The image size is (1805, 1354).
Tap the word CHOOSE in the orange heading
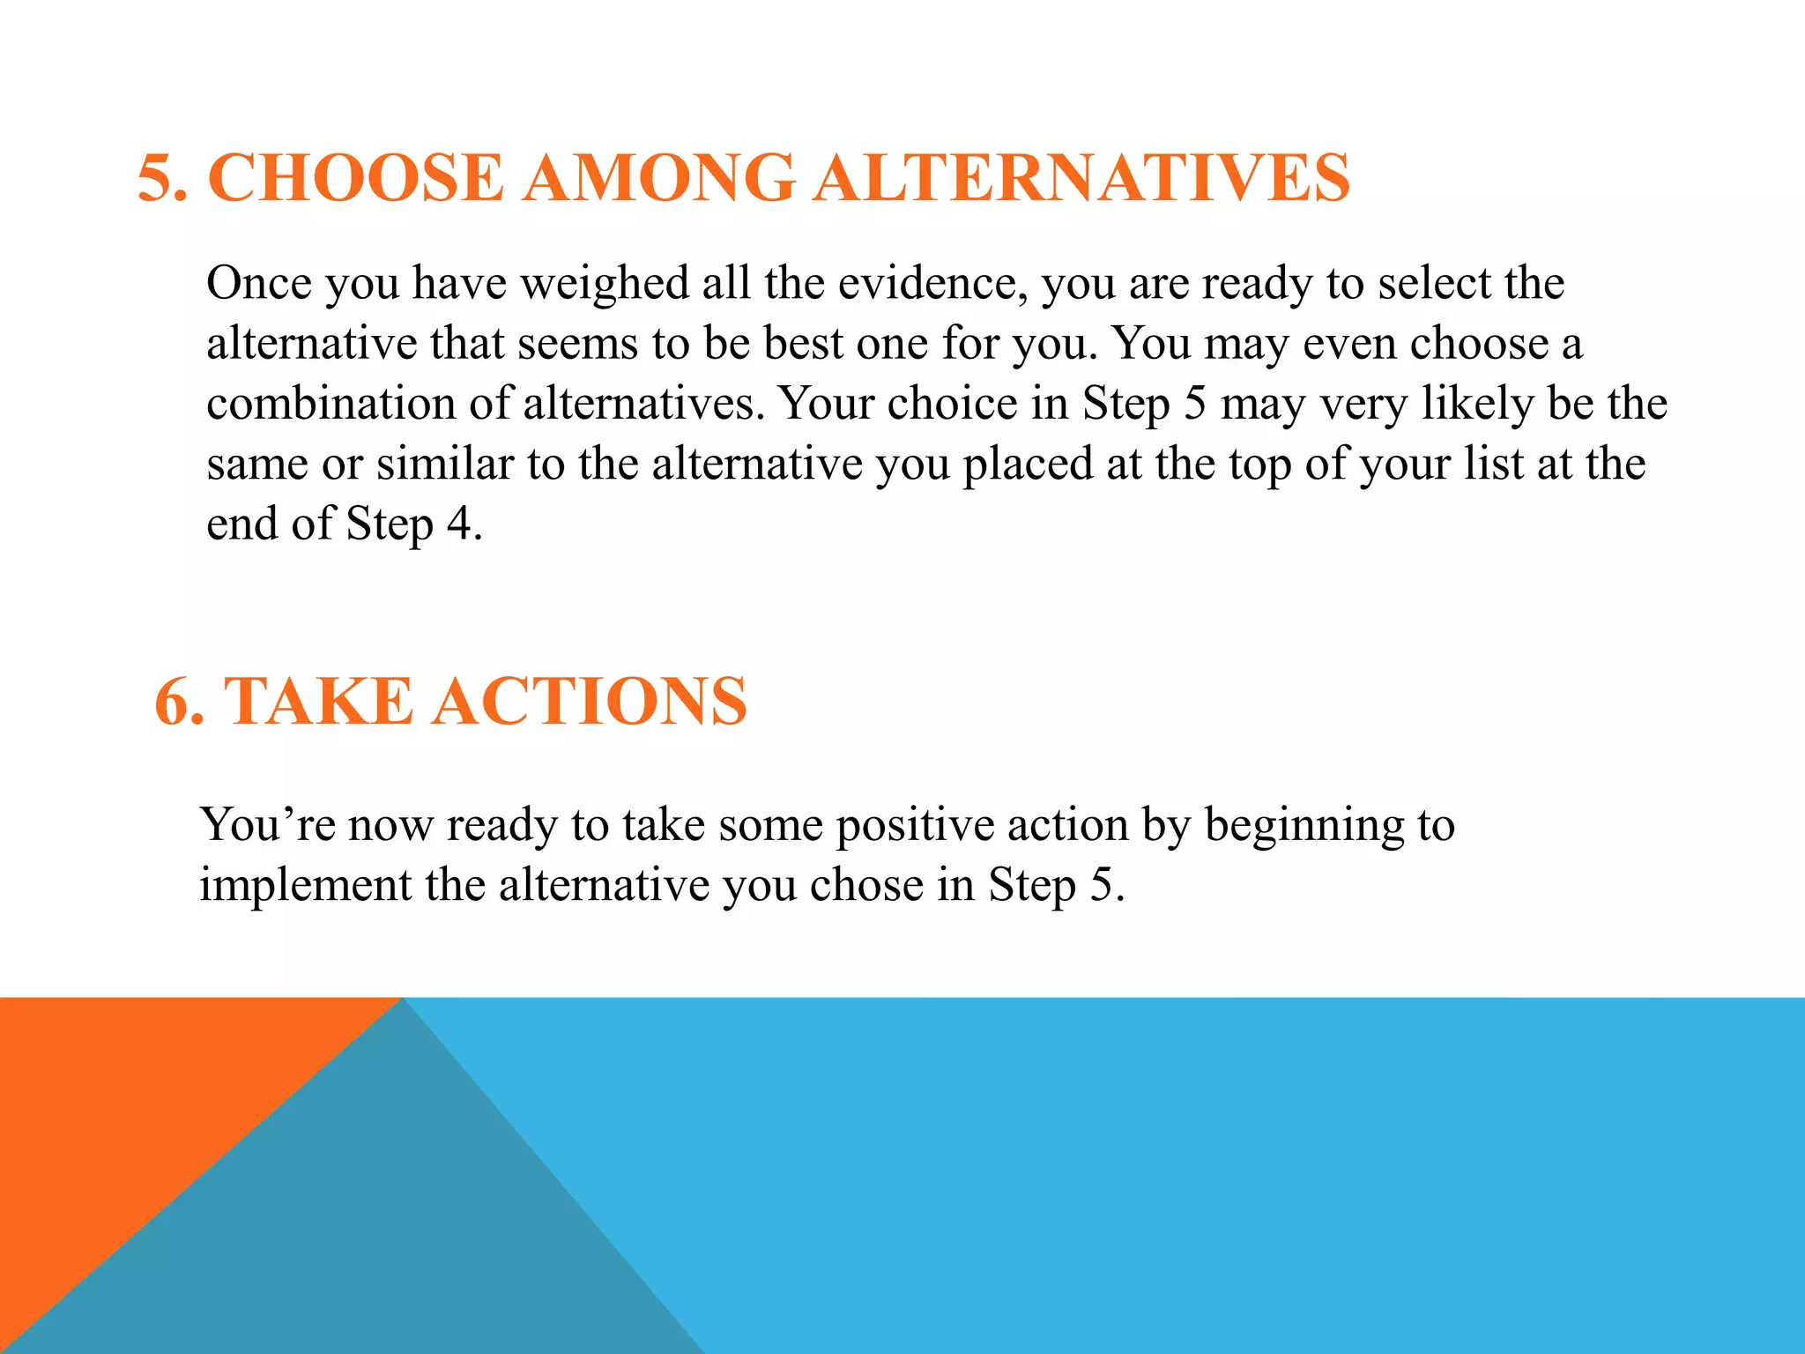tap(355, 178)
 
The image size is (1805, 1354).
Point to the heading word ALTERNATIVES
tap(1081, 178)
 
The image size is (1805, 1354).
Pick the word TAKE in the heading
tap(318, 702)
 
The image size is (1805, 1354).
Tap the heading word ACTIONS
tap(589, 702)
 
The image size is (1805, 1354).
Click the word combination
tap(330, 404)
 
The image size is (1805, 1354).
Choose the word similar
tap(444, 464)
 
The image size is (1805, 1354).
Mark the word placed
tap(1028, 465)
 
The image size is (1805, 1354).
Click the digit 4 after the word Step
tap(459, 524)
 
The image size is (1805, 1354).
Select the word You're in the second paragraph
tap(267, 826)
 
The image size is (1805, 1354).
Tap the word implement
tap(305, 886)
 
